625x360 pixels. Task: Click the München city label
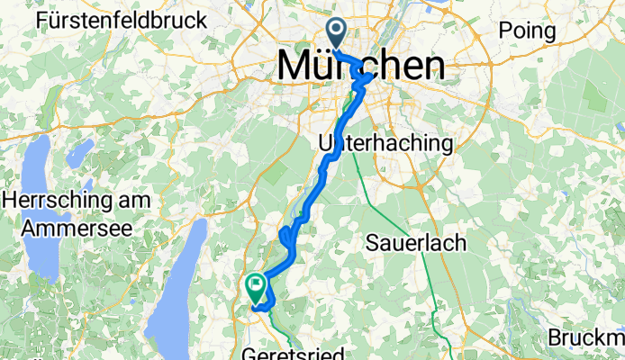(360, 65)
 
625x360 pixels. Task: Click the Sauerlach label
(415, 241)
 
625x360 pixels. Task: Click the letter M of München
(298, 65)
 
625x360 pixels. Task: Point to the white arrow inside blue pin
(338, 31)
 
